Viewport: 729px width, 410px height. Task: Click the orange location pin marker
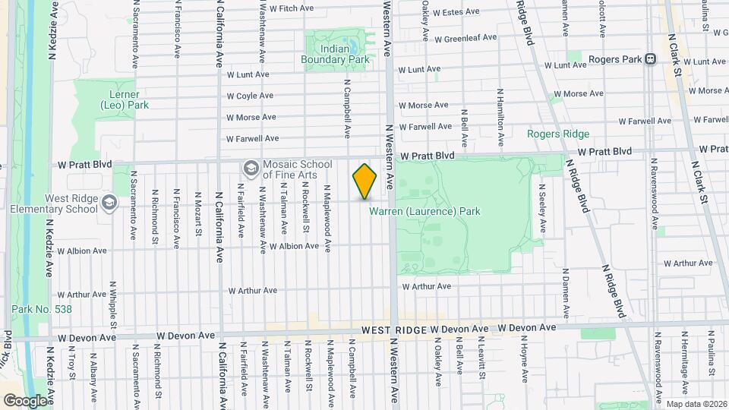(x=364, y=181)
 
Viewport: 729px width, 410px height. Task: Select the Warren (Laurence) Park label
(x=424, y=212)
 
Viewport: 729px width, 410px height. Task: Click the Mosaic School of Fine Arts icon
(x=251, y=167)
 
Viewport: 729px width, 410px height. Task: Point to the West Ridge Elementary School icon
(x=109, y=202)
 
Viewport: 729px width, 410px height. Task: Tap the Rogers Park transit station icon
(x=650, y=59)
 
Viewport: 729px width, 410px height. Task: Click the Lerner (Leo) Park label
(x=124, y=99)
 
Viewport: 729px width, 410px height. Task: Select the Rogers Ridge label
(x=558, y=134)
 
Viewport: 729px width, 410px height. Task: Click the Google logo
(x=24, y=400)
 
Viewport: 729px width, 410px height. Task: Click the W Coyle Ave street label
(x=250, y=96)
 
